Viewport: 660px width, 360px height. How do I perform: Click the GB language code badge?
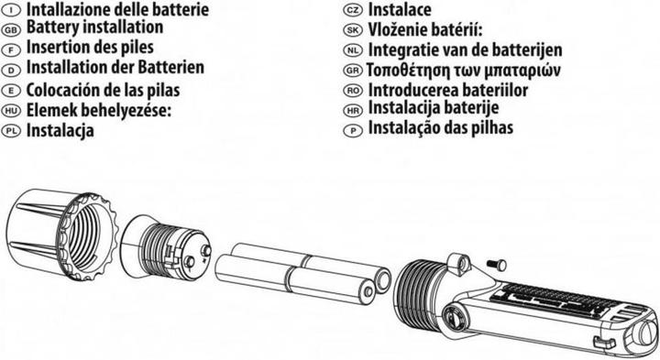coord(11,30)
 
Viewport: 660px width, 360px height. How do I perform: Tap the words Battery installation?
coord(94,27)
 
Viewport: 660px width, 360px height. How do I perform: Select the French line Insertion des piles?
coord(90,47)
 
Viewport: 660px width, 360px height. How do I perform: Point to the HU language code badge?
coord(11,111)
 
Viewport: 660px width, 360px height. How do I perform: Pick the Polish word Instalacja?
coord(60,130)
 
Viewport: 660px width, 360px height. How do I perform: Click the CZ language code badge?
coord(353,10)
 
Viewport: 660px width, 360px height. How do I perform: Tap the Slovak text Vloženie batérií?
coord(425,30)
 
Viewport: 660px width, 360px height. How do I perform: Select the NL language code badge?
coord(353,50)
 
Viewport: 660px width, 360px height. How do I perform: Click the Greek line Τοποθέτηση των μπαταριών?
coord(464,71)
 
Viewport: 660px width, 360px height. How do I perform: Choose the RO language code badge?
coord(353,90)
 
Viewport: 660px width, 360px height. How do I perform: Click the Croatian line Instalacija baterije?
coord(434,108)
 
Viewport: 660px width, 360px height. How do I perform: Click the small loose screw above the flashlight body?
coord(497,265)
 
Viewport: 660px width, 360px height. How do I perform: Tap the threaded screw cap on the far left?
coord(62,235)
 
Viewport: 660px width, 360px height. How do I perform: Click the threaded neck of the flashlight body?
coord(418,287)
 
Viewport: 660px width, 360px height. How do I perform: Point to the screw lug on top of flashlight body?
coord(460,263)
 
